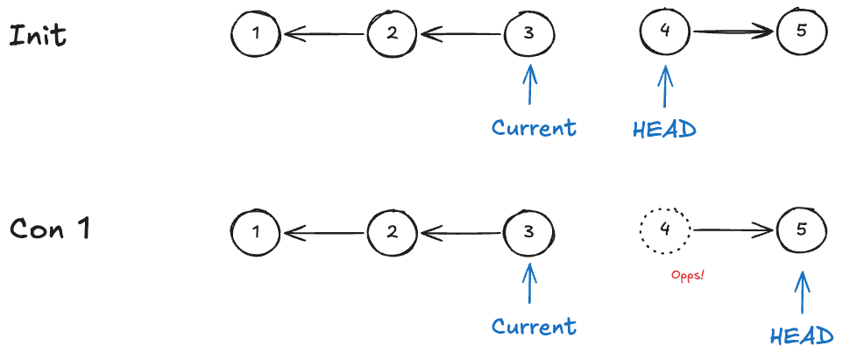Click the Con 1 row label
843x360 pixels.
pyautogui.click(x=52, y=229)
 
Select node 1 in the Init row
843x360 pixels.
pyautogui.click(x=255, y=34)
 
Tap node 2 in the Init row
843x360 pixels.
pyautogui.click(x=393, y=34)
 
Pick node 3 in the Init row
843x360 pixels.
pyautogui.click(x=529, y=34)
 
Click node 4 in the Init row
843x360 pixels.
pyautogui.click(x=665, y=32)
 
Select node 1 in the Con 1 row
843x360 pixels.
pyautogui.click(x=255, y=233)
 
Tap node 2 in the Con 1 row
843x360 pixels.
pyautogui.click(x=393, y=233)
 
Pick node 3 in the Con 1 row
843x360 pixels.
pyautogui.click(x=529, y=233)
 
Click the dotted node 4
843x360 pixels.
pyautogui.click(x=665, y=231)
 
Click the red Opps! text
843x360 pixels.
pyautogui.click(x=688, y=274)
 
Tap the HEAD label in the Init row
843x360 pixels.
pyautogui.click(x=664, y=130)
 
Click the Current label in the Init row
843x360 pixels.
pyautogui.click(x=534, y=128)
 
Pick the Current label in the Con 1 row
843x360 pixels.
pyautogui.click(x=534, y=327)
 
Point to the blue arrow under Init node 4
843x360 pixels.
pyautogui.click(x=665, y=88)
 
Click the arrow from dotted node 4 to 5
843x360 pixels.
pyautogui.click(x=734, y=231)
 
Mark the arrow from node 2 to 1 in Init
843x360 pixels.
pyautogui.click(x=323, y=35)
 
